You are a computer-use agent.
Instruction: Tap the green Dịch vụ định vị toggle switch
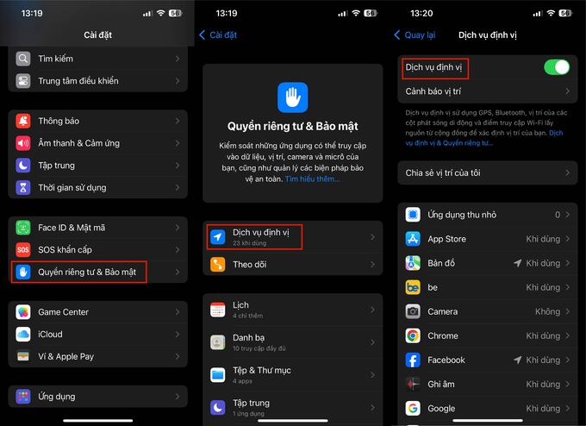(x=557, y=67)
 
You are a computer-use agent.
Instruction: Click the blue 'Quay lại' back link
(x=420, y=35)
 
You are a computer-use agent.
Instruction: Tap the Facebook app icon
(x=413, y=360)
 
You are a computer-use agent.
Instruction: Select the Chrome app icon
(x=413, y=335)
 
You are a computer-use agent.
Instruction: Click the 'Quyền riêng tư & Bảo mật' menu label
(x=87, y=272)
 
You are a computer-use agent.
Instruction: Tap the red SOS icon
(x=23, y=250)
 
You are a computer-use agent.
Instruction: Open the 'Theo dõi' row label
(x=250, y=265)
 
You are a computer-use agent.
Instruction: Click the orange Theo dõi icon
(x=217, y=265)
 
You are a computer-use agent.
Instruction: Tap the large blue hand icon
(x=293, y=97)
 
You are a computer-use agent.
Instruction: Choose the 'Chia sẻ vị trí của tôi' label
(x=443, y=172)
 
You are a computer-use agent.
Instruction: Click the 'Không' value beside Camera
(x=547, y=311)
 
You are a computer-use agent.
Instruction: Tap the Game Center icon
(x=23, y=312)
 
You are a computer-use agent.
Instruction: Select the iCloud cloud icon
(x=23, y=335)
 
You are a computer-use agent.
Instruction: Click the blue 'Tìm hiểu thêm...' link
(x=313, y=179)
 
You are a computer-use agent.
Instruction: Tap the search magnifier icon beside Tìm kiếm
(x=23, y=59)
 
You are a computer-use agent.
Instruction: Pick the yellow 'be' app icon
(x=413, y=287)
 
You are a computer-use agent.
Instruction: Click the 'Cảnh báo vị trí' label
(x=433, y=91)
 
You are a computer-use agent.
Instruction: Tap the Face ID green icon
(x=23, y=228)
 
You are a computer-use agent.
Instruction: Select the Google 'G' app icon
(x=413, y=409)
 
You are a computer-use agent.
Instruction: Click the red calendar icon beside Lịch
(x=217, y=310)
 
